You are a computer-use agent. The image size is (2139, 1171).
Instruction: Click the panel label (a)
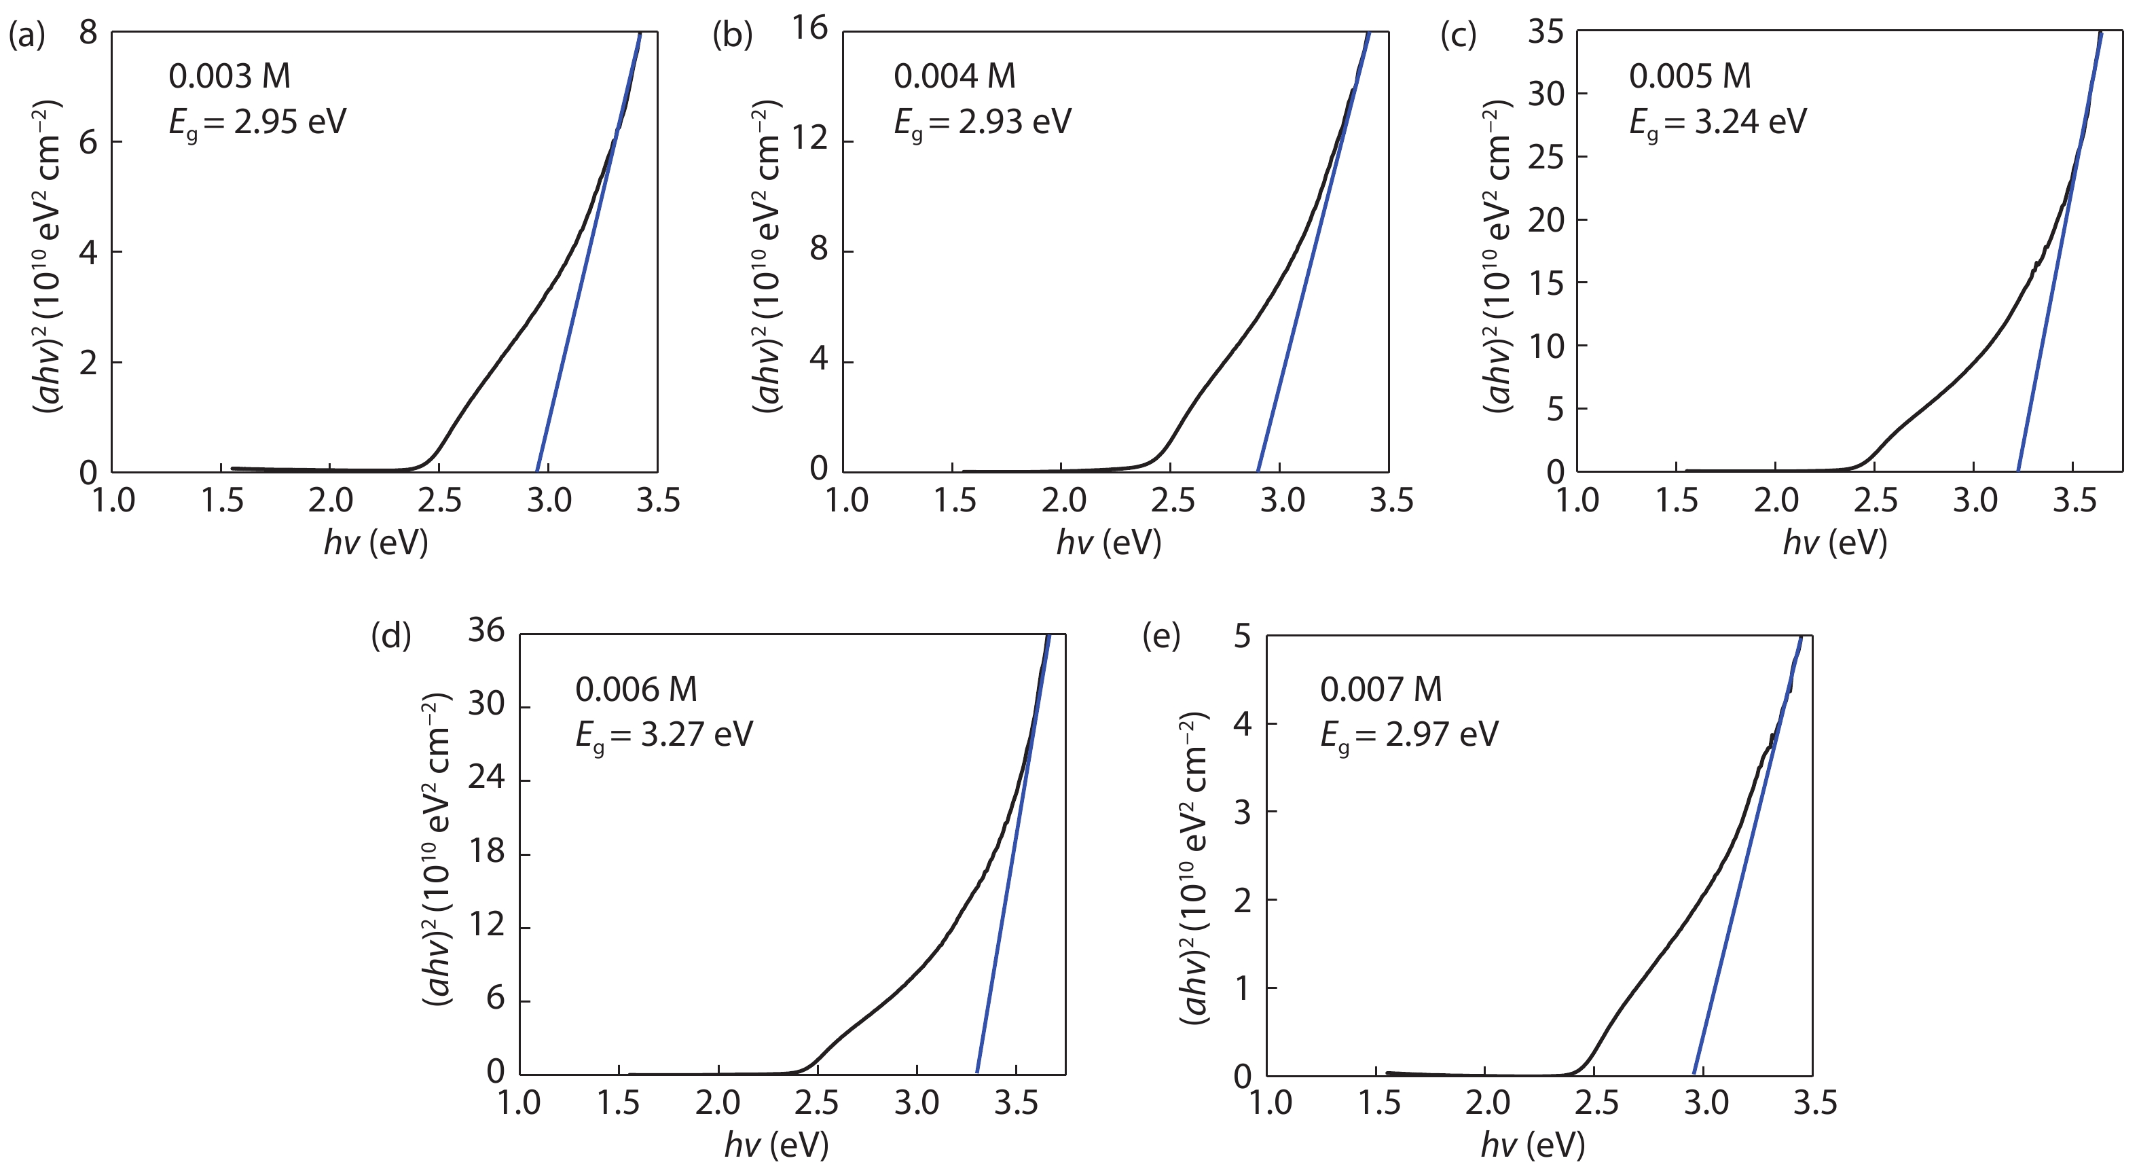coord(26,36)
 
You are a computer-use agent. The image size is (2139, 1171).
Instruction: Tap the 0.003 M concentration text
coord(230,76)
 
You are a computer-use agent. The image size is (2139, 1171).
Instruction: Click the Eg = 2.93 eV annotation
coord(983,122)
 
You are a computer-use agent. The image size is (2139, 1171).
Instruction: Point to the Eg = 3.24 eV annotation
coord(1717,122)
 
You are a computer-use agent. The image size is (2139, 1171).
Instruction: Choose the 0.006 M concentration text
coord(636,689)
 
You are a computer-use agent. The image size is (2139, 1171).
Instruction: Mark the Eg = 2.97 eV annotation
coord(1409,734)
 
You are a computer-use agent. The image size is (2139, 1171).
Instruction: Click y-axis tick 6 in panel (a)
coord(89,142)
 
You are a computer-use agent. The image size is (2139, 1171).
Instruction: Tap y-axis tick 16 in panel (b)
coord(809,29)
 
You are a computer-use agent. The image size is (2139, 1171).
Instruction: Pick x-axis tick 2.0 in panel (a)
coord(331,501)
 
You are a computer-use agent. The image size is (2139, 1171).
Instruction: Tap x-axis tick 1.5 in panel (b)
coord(955,501)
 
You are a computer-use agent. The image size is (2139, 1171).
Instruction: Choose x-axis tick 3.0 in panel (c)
coord(1974,501)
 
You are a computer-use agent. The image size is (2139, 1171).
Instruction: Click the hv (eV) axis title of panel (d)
coord(776,1145)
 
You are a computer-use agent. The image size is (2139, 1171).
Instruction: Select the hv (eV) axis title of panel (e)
coord(1533,1145)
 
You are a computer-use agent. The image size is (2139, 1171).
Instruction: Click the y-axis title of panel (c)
coord(1499,257)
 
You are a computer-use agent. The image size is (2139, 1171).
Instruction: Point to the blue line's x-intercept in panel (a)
coord(537,471)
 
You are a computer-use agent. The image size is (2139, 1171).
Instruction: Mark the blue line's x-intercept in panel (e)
coord(1694,1074)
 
